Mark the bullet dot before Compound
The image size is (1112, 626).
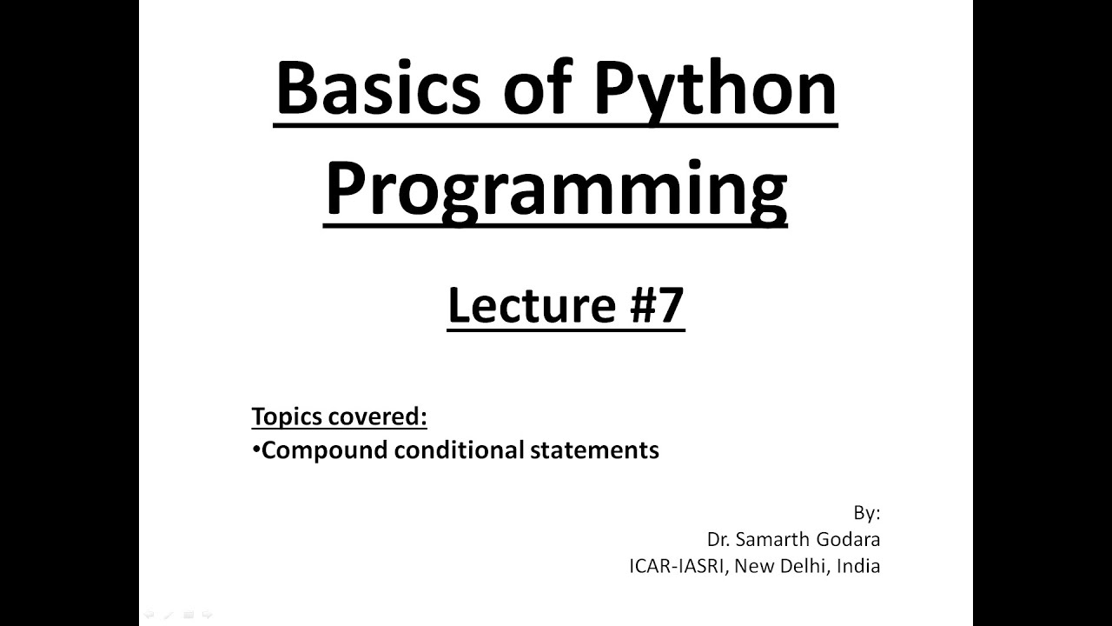coord(256,450)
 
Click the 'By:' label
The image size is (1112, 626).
coord(866,512)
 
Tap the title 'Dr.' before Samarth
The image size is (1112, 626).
coord(718,539)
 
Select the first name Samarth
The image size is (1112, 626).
coord(770,539)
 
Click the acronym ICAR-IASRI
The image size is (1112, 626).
coord(678,566)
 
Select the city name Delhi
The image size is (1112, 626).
coord(803,566)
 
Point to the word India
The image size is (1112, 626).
coord(858,566)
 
